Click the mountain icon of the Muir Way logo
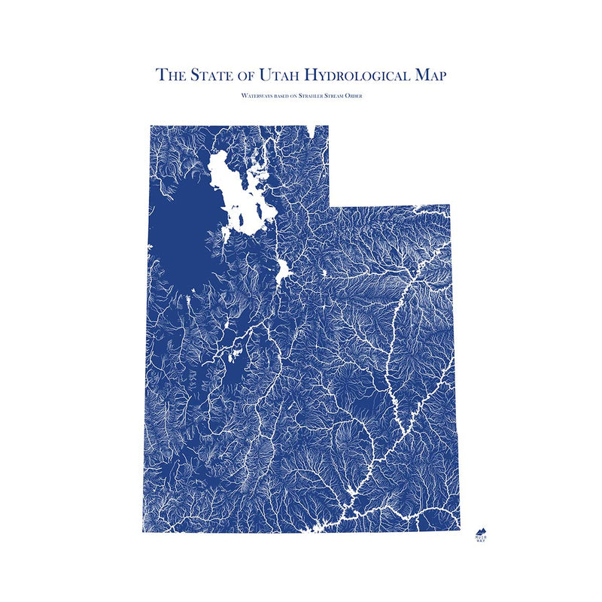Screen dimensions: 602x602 click(x=480, y=531)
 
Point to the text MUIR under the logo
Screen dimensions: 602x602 click(x=480, y=538)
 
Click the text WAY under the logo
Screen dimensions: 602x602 click(x=480, y=543)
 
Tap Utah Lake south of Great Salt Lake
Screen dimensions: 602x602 click(x=284, y=271)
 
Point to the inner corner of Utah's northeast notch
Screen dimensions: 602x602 click(x=329, y=205)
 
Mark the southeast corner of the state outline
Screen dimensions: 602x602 click(x=449, y=531)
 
